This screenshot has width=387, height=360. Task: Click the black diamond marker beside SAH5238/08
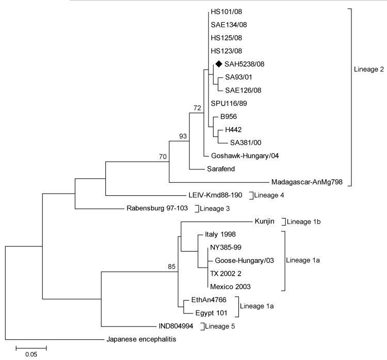click(218, 64)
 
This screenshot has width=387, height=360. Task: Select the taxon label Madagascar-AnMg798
click(308, 182)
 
